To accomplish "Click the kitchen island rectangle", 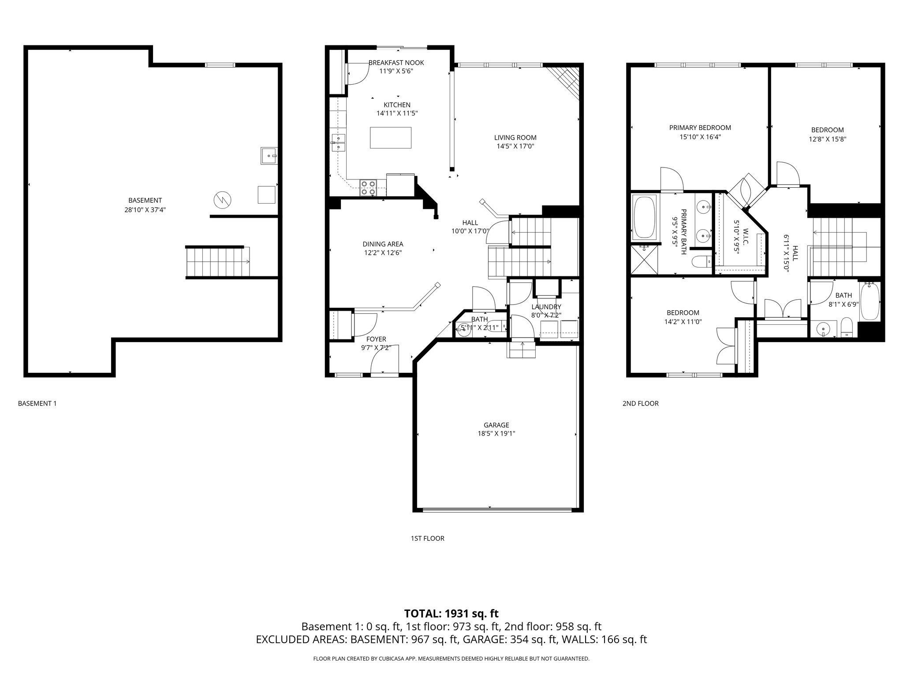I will pos(391,138).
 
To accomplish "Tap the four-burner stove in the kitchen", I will pos(368,188).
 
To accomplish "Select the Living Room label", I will pos(515,138).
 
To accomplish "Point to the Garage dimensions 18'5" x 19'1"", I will pos(496,434).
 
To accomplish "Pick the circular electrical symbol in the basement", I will pos(222,200).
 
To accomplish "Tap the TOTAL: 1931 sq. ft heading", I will pos(451,613).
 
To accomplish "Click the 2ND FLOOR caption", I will pos(640,403).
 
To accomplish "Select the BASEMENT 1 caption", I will pos(37,403).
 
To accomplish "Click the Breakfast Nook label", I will pos(396,63).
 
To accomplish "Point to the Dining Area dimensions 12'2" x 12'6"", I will pos(383,253).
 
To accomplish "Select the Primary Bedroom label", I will pos(700,128).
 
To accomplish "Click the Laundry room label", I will pos(546,307).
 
